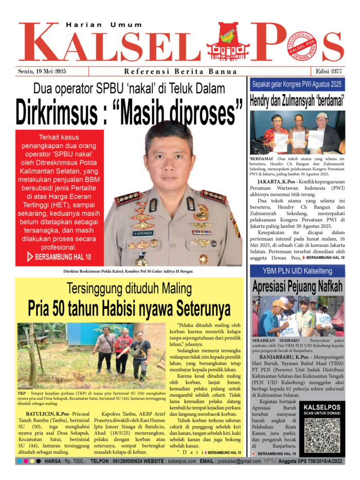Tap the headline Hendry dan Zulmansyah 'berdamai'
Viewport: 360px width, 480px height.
[x=298, y=100]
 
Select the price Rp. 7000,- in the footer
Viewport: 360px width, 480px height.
[x=69, y=462]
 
